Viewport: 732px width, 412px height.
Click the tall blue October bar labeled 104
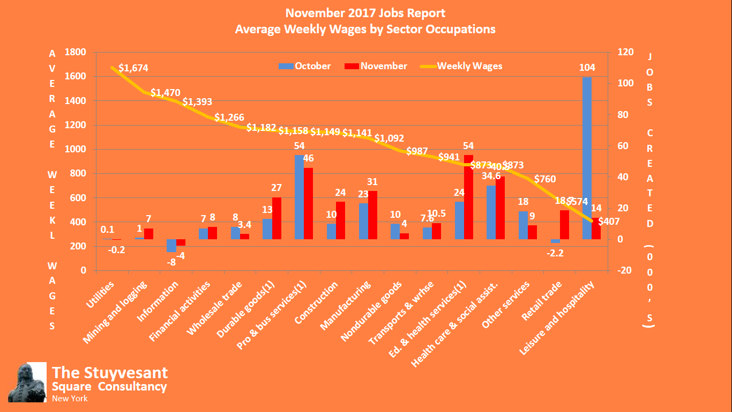click(x=587, y=158)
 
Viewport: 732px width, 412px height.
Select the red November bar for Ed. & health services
click(x=468, y=197)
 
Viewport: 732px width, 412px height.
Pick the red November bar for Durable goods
click(x=277, y=218)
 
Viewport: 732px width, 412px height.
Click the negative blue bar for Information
click(x=171, y=246)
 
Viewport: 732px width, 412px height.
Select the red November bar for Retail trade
click(x=564, y=225)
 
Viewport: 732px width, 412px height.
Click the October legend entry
click(x=304, y=66)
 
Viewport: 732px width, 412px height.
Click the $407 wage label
click(x=609, y=220)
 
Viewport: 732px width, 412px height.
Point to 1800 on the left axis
click(x=75, y=52)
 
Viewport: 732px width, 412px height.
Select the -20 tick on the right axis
click(x=624, y=270)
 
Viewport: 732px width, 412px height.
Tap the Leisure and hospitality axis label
click(x=559, y=319)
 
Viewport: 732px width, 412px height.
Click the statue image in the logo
click(x=27, y=382)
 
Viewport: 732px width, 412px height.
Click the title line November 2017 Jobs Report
click(x=365, y=13)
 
